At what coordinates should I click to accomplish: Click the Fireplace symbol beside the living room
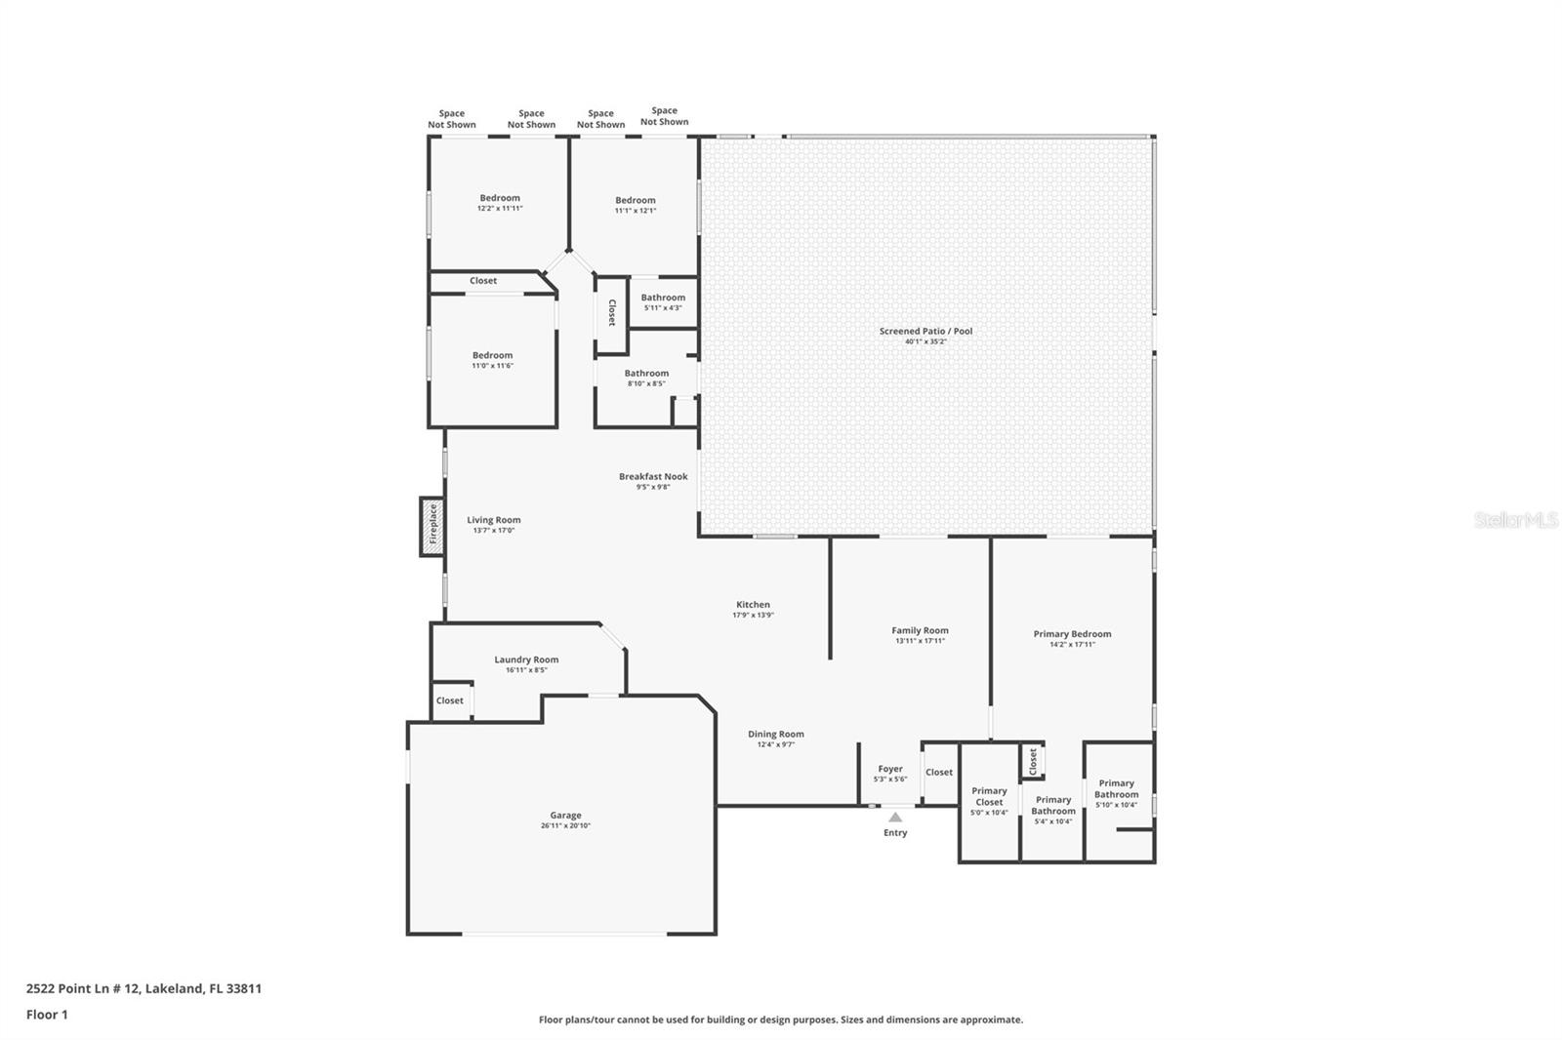[x=432, y=527]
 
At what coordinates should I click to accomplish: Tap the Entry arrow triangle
[x=895, y=818]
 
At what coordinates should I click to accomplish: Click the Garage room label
[x=565, y=816]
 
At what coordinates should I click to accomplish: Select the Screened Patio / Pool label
[x=925, y=332]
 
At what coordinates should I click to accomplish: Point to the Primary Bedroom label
[x=1072, y=634]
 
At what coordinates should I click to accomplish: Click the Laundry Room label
[x=526, y=660]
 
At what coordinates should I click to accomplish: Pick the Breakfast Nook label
[x=653, y=476]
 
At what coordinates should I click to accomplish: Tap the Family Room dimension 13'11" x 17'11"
[x=920, y=641]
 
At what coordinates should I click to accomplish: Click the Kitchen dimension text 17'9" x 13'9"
[x=753, y=615]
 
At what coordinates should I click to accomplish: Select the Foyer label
[x=890, y=769]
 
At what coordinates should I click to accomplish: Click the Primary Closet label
[x=989, y=796]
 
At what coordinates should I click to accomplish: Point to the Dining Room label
[x=776, y=734]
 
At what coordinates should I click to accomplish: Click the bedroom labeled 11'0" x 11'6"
[x=492, y=360]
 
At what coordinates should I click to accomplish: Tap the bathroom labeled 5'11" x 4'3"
[x=663, y=301]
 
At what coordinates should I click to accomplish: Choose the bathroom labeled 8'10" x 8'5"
[x=646, y=378]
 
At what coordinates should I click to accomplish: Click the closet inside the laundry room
[x=450, y=700]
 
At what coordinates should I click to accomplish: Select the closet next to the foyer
[x=939, y=772]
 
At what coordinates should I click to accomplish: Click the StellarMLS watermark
[x=1515, y=520]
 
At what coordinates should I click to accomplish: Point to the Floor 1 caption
[x=47, y=1015]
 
